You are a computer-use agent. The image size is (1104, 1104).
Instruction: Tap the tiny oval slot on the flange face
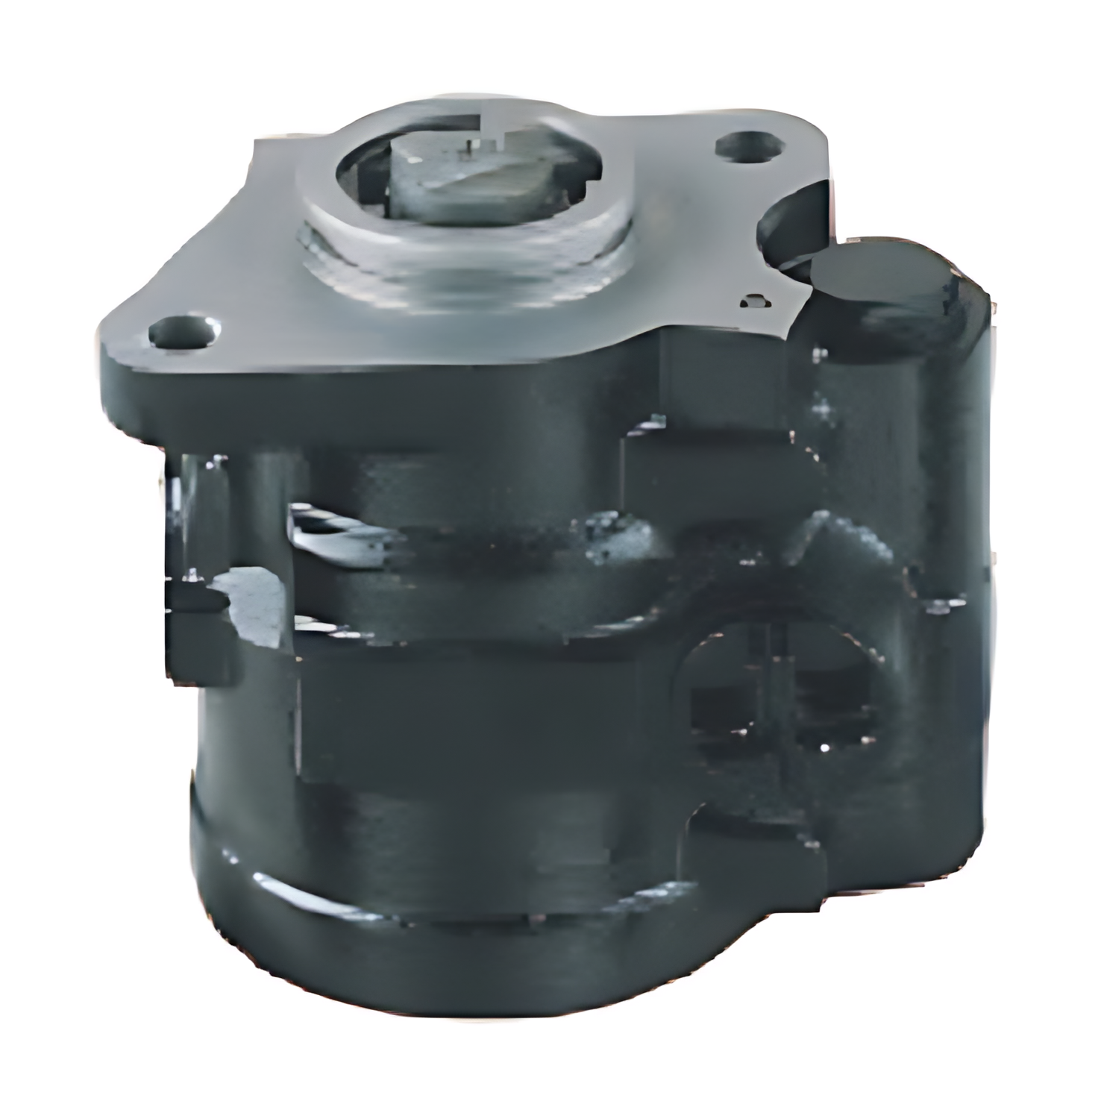tap(754, 301)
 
